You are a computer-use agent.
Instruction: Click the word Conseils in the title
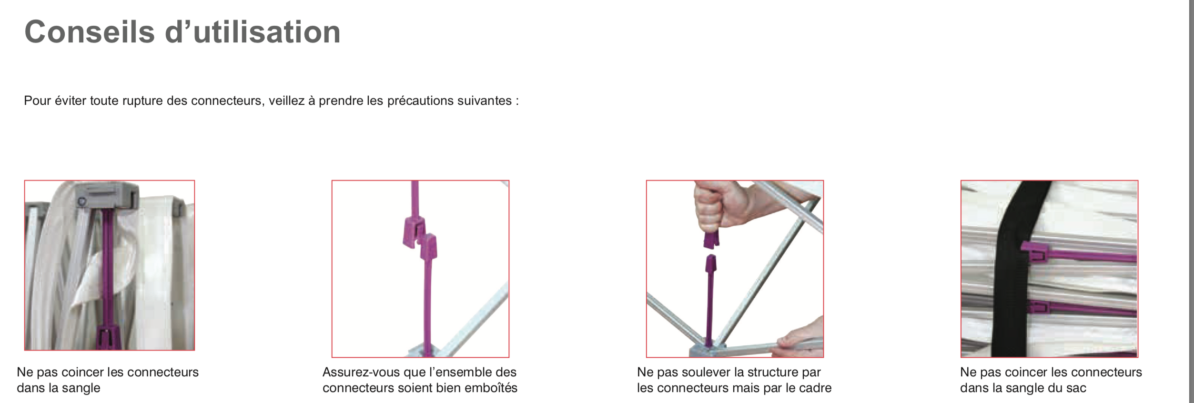pyautogui.click(x=90, y=32)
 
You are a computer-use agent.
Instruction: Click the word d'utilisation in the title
pyautogui.click(x=253, y=32)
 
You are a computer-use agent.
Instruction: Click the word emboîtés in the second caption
pyautogui.click(x=491, y=388)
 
